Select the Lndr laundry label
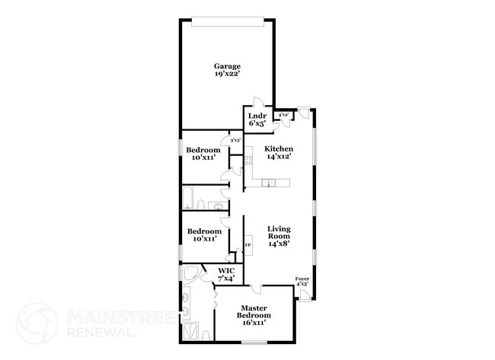tap(257, 116)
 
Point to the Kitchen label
tap(279, 148)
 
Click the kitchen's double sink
tap(267, 183)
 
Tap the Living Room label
tap(279, 233)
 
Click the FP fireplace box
tap(247, 245)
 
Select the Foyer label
tap(302, 279)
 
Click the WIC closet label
tap(226, 271)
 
